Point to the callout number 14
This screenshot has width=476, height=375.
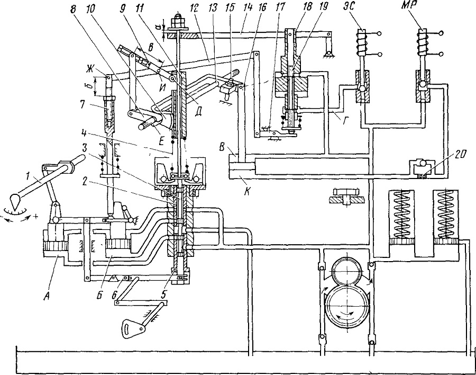click(248, 7)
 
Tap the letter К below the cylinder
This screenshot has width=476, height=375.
click(247, 192)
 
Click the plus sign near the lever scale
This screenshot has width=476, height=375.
click(36, 216)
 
